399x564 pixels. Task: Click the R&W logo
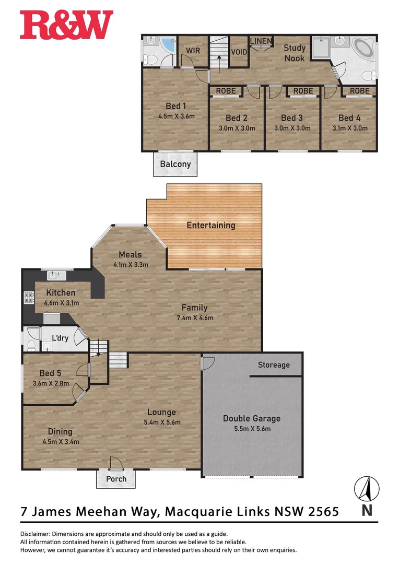(x=66, y=25)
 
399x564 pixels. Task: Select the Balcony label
(x=175, y=164)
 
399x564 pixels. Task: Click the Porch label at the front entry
(x=116, y=478)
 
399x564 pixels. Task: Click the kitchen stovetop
(x=28, y=298)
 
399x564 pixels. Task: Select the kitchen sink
(x=57, y=275)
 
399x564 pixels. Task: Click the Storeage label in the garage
(x=274, y=365)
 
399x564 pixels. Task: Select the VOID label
(x=239, y=52)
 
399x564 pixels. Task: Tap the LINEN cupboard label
(x=260, y=41)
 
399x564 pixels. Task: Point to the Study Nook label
(x=295, y=53)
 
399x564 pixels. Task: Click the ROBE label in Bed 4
(x=359, y=91)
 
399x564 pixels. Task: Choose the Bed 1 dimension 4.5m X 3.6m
(x=176, y=116)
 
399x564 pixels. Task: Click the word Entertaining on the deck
(x=211, y=226)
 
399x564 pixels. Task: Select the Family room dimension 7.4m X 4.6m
(x=195, y=318)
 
